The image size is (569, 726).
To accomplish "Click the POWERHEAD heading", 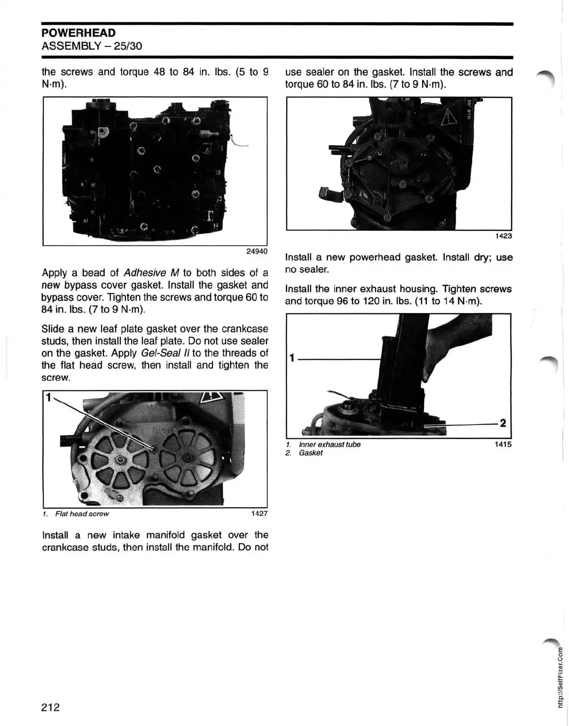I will [78, 33].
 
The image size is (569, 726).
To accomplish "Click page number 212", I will [51, 707].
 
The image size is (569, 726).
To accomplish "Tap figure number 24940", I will [257, 251].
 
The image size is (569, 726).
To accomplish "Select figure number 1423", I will [503, 236].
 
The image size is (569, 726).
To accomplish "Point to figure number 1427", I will [259, 513].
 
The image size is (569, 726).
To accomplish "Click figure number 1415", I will [503, 444].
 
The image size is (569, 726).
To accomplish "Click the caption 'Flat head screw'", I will [82, 514].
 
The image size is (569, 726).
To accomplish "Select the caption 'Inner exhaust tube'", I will [330, 445].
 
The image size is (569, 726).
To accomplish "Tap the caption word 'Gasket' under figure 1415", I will [311, 453].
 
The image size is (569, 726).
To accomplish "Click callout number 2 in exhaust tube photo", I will [503, 423].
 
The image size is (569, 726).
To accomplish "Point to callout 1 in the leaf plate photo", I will [47, 397].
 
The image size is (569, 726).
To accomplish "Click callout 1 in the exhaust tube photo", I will [291, 358].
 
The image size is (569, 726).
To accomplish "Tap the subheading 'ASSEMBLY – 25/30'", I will [92, 46].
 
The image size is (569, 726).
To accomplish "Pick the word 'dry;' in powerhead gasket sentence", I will [483, 257].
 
